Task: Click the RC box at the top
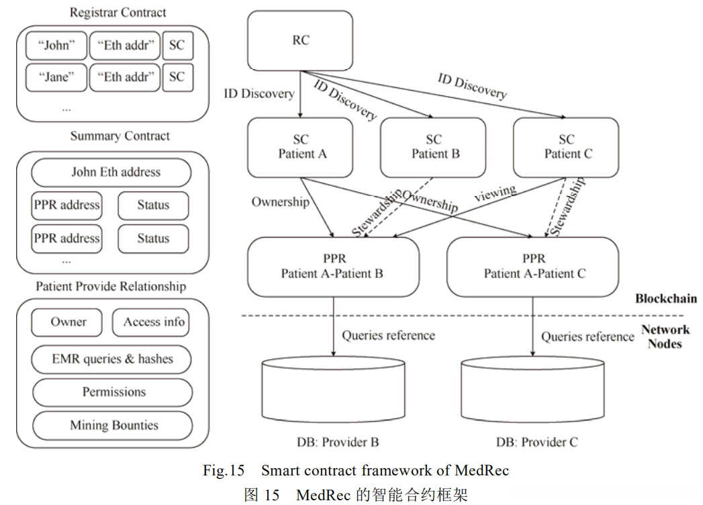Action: [300, 40]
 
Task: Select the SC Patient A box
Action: [300, 147]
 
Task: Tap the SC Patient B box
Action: [433, 147]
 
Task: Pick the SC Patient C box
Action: [566, 147]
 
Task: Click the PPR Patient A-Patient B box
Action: [333, 267]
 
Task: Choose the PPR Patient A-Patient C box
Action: [533, 267]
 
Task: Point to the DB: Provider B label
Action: [338, 442]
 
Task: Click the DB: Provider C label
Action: [537, 442]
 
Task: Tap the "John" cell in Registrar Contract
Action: [56, 46]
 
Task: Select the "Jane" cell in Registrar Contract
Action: [56, 77]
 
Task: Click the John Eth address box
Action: [111, 173]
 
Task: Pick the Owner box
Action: [67, 322]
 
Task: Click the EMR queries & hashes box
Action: [112, 359]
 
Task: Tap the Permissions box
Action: [112, 392]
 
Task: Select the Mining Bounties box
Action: [112, 425]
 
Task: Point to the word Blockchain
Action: [665, 299]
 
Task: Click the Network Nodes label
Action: [665, 336]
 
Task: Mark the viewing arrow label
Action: [495, 193]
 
